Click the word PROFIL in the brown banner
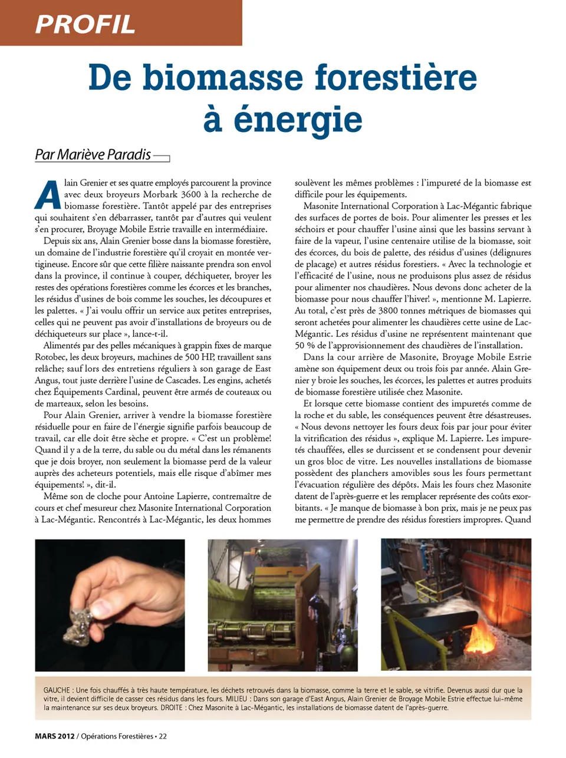point(85,24)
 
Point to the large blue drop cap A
point(48,194)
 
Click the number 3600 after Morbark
point(190,194)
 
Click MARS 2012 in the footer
point(54,736)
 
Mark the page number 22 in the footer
point(163,736)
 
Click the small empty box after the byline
point(161,158)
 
